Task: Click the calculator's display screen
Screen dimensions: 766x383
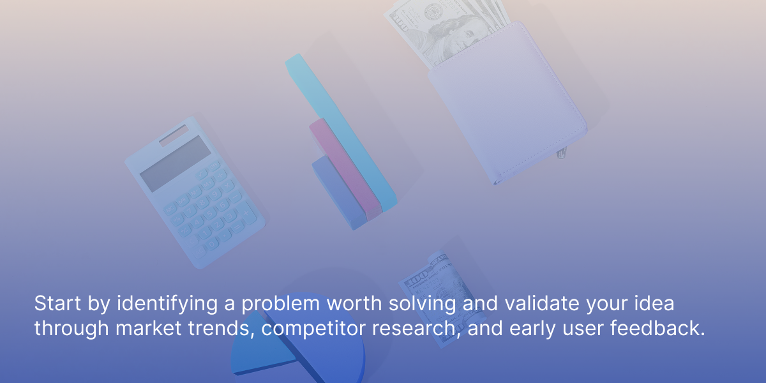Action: tap(176, 163)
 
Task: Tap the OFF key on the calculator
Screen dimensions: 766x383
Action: tap(214, 167)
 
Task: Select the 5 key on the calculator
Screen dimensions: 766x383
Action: tap(209, 214)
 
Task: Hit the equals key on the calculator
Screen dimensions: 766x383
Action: tap(237, 227)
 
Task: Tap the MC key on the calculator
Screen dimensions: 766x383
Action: tap(170, 209)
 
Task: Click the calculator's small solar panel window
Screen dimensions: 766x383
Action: tap(174, 135)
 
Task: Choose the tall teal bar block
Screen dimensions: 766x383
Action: tap(341, 132)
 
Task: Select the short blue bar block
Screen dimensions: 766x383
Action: tap(338, 193)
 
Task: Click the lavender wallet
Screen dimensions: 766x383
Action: tap(508, 103)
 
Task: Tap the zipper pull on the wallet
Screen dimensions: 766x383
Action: tap(562, 153)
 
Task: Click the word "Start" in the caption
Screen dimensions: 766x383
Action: tap(57, 303)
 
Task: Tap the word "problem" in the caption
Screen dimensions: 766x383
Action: tap(280, 303)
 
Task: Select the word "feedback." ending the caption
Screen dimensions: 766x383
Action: tap(657, 327)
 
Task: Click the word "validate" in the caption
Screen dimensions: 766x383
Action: tap(542, 303)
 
